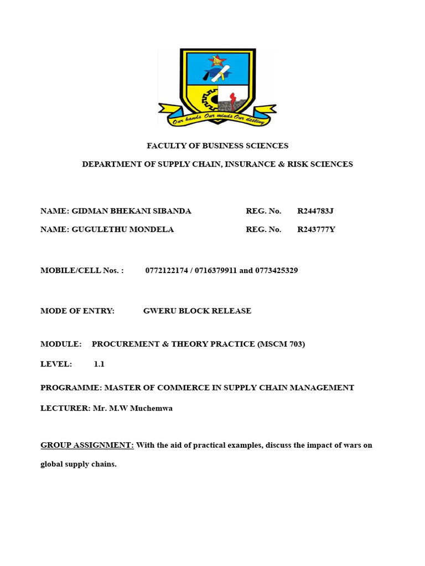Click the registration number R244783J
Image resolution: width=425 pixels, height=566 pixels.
point(315,211)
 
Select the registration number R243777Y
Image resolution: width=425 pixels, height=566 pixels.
point(316,229)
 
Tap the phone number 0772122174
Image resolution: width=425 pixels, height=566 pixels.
point(166,270)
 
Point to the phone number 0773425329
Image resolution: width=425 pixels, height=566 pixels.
point(277,270)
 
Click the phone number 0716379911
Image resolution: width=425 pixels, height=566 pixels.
point(215,270)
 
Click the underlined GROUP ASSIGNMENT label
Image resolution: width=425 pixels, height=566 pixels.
point(87,446)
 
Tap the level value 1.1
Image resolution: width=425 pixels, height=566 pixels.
point(99,364)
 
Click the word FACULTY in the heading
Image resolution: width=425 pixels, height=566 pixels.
point(166,146)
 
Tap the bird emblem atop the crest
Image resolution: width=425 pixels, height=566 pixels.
point(217,61)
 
